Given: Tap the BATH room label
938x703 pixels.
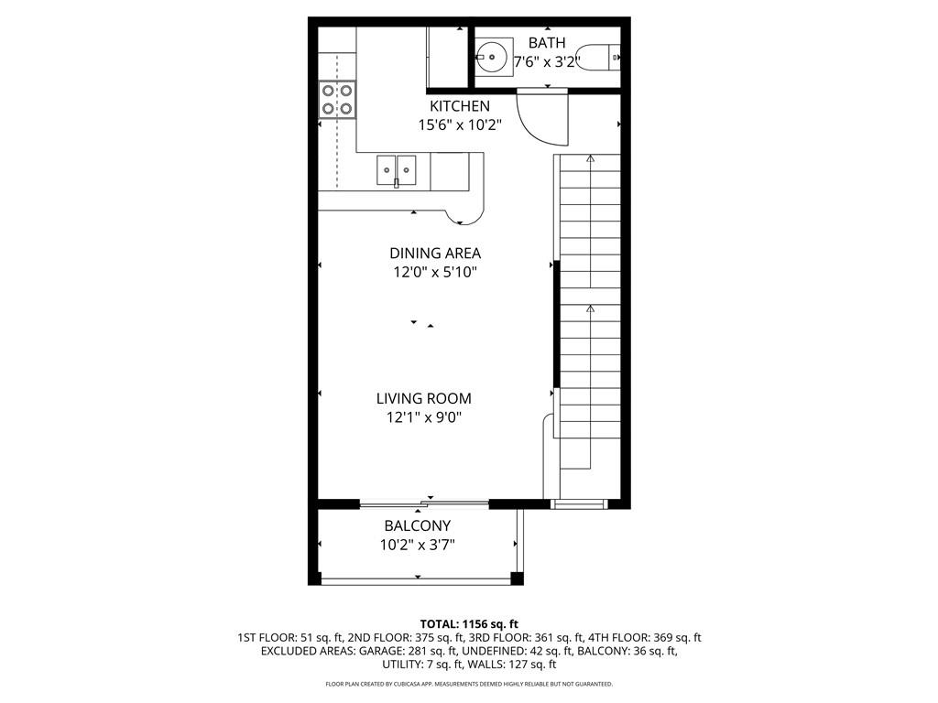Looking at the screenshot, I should [x=547, y=43].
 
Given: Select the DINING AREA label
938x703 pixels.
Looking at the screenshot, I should [x=435, y=253].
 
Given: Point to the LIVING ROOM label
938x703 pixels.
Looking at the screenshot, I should [x=423, y=398].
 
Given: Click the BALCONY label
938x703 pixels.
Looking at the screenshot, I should [x=417, y=525].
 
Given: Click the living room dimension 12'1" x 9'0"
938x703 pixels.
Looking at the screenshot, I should [x=423, y=417].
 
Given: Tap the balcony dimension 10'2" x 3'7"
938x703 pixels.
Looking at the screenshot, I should [x=417, y=545].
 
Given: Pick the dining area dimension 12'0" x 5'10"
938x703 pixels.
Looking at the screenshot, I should [x=435, y=272].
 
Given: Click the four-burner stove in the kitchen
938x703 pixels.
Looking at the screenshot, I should [x=337, y=99].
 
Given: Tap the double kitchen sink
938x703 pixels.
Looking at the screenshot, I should [x=396, y=169].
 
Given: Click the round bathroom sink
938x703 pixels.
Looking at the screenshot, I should [x=493, y=57].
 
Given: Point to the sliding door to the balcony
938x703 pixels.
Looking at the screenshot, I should [x=423, y=503].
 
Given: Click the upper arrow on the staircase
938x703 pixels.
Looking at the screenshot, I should [x=590, y=159].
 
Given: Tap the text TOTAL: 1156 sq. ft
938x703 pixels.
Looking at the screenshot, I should [x=469, y=622].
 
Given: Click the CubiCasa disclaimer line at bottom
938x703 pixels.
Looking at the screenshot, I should [x=469, y=684].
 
